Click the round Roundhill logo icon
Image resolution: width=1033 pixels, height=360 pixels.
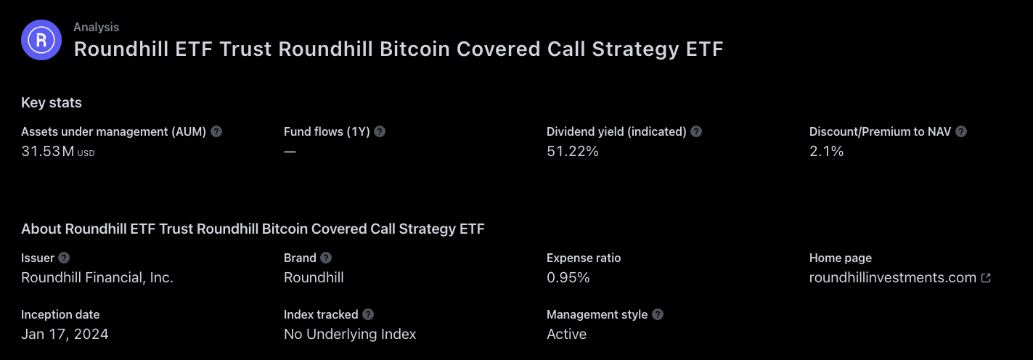click(x=41, y=40)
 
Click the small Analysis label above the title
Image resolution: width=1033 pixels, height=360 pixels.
click(x=96, y=27)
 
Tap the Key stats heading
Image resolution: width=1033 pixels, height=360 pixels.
click(x=52, y=102)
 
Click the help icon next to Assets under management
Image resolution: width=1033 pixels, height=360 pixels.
click(x=216, y=131)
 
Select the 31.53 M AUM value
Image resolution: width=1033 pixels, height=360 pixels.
click(x=57, y=151)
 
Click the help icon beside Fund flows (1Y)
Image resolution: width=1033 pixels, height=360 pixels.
click(x=380, y=131)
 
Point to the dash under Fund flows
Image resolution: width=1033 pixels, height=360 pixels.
click(x=290, y=151)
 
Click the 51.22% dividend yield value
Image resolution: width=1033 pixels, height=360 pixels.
click(x=572, y=151)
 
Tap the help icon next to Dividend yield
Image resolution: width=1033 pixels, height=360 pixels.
click(x=696, y=131)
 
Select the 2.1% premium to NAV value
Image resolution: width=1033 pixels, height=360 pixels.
click(x=826, y=151)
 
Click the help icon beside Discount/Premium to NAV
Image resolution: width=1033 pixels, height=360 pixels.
click(x=961, y=131)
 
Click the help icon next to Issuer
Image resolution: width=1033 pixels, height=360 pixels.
click(x=64, y=258)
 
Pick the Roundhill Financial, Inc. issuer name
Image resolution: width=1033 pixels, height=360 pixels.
click(x=97, y=277)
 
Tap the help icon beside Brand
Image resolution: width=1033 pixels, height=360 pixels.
click(x=326, y=258)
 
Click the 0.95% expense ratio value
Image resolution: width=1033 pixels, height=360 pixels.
click(x=568, y=277)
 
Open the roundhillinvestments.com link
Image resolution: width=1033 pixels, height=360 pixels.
click(x=893, y=277)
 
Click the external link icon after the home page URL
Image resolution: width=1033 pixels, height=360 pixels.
click(x=986, y=277)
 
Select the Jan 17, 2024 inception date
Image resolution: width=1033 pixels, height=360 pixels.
click(x=65, y=334)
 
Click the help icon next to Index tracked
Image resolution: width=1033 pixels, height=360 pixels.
click(x=368, y=314)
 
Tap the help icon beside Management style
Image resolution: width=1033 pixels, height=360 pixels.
click(x=658, y=314)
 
